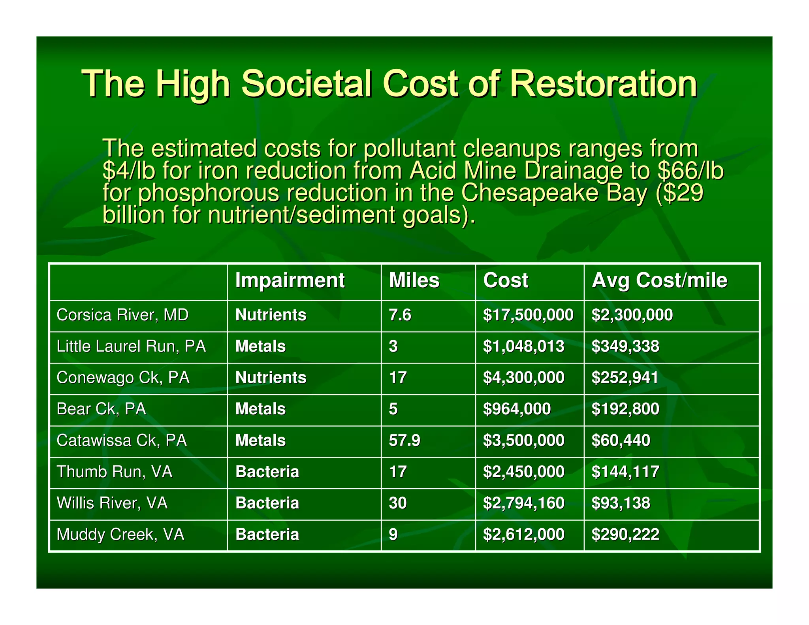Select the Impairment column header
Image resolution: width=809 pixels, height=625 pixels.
pyautogui.click(x=290, y=280)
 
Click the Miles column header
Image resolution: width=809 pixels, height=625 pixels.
pyautogui.click(x=414, y=280)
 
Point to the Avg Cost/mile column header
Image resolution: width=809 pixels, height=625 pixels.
pyautogui.click(x=659, y=280)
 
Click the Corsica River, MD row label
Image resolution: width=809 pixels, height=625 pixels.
pyautogui.click(x=122, y=315)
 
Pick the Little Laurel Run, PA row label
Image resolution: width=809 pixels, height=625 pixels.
pyautogui.click(x=131, y=346)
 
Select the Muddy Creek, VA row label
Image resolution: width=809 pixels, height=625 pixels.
pyautogui.click(x=120, y=535)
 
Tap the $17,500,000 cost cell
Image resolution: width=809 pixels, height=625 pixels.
pyautogui.click(x=528, y=315)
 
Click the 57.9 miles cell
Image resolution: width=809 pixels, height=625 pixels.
pyautogui.click(x=404, y=441)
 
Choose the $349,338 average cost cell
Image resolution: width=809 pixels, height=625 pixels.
pyautogui.click(x=625, y=346)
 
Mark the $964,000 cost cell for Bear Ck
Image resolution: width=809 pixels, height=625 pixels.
pyautogui.click(x=517, y=409)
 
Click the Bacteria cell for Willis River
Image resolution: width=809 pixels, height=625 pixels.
pyautogui.click(x=267, y=503)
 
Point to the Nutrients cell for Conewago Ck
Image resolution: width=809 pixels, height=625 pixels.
pyautogui.click(x=271, y=378)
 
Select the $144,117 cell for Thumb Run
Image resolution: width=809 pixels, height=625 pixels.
pyautogui.click(x=625, y=472)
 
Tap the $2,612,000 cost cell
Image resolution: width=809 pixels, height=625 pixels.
pyautogui.click(x=524, y=535)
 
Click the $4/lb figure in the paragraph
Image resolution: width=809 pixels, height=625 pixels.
pyautogui.click(x=129, y=171)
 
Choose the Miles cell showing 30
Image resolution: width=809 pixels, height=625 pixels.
pyautogui.click(x=398, y=503)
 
